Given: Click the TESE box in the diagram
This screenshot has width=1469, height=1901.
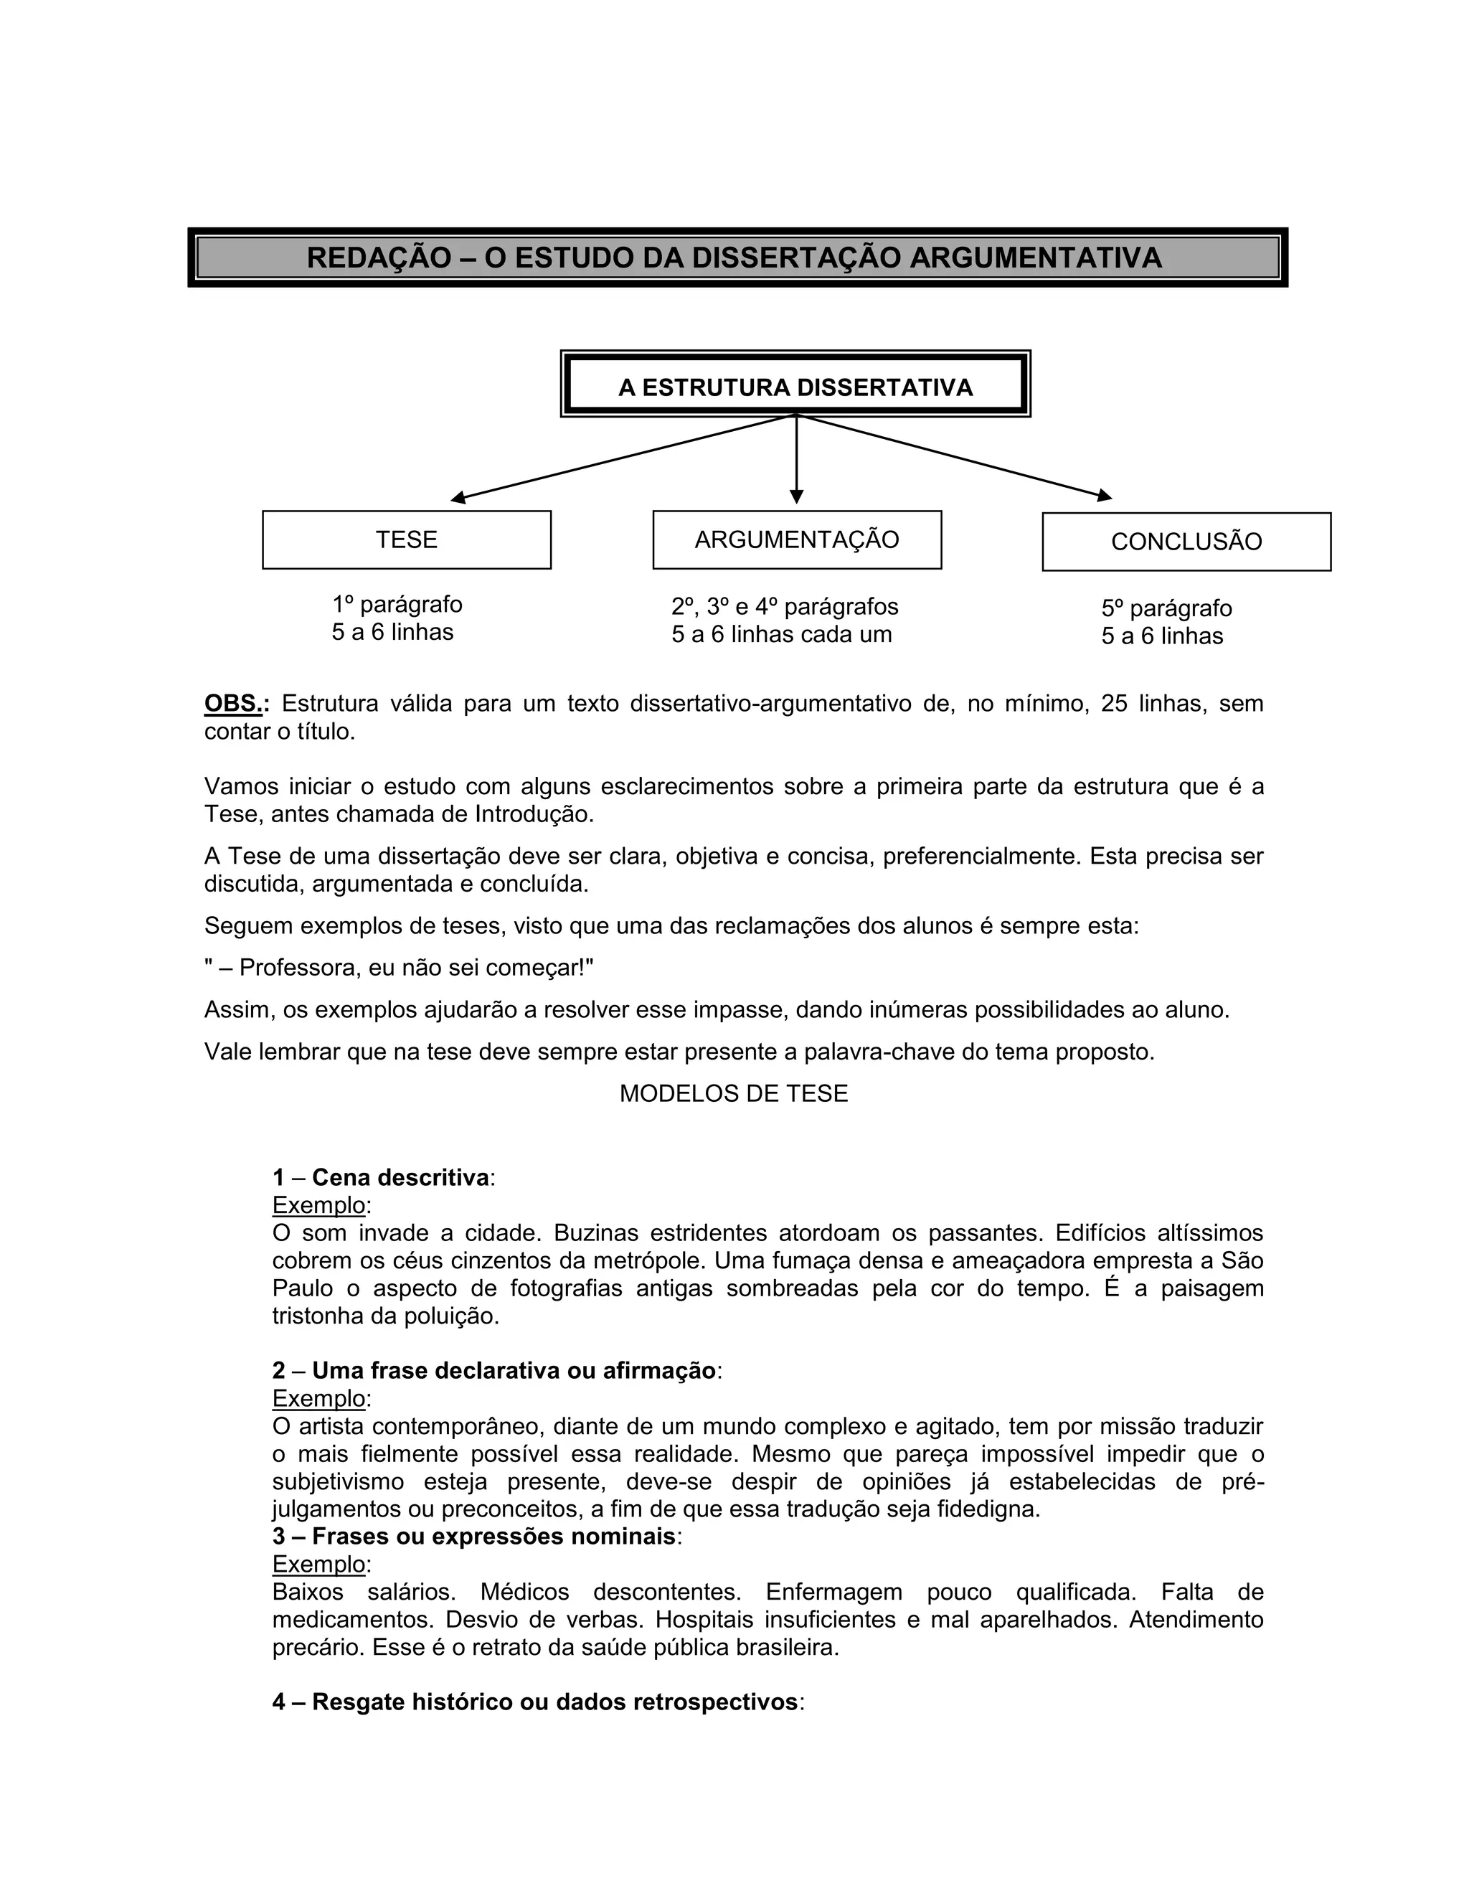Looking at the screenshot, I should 407,539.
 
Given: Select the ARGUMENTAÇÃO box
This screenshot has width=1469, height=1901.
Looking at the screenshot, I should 796,539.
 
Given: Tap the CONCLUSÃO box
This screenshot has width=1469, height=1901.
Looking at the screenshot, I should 1186,542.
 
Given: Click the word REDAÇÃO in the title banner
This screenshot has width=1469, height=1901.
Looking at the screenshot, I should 379,258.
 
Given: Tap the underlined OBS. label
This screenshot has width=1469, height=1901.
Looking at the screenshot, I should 233,703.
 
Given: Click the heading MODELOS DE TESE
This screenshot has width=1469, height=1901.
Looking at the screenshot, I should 734,1093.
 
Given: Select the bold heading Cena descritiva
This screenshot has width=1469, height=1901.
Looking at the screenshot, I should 400,1178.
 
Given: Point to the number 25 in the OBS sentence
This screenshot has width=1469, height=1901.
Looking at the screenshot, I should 1115,703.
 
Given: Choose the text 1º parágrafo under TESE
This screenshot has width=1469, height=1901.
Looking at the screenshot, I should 397,604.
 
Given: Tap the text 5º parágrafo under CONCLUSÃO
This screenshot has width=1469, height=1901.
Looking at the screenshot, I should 1166,608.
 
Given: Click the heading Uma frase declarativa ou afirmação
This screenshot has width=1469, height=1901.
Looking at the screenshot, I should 514,1371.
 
